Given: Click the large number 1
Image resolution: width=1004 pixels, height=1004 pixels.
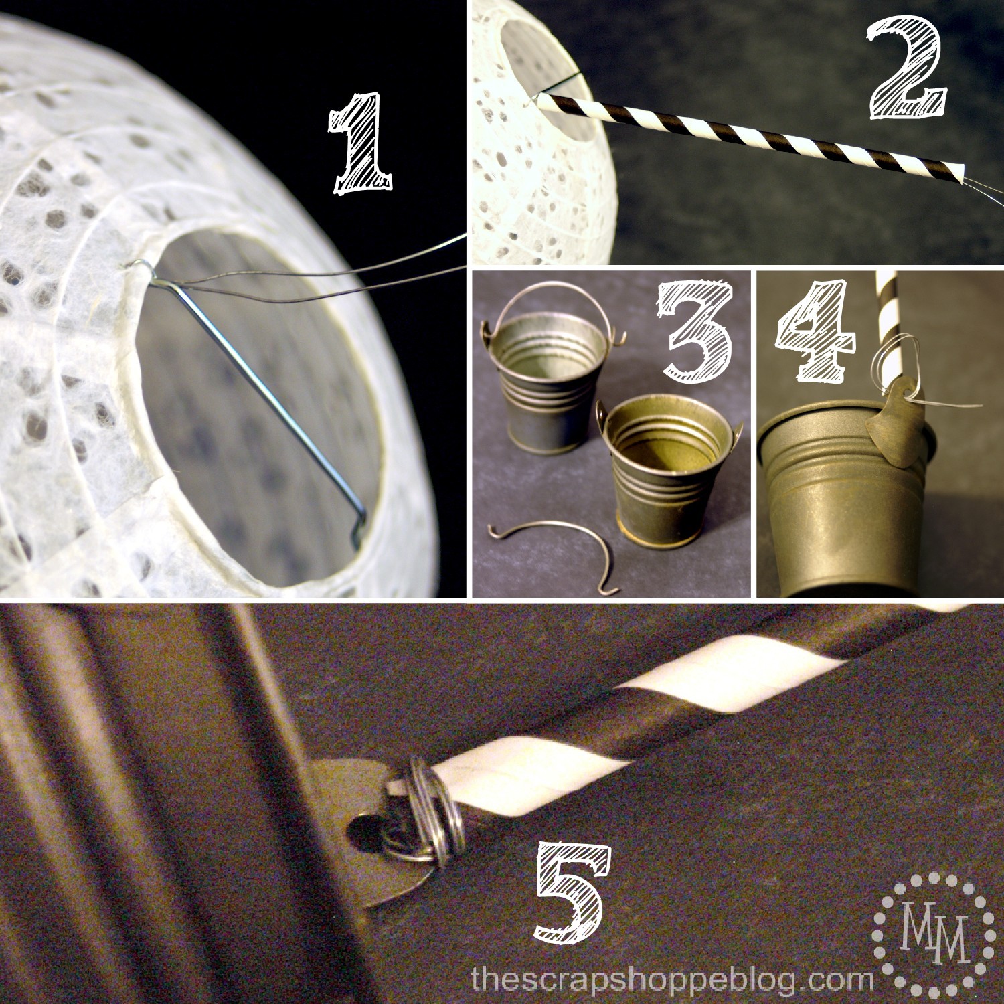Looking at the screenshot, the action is pos(359,143).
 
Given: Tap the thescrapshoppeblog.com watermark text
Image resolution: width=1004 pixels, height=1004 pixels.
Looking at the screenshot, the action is pos(671,980).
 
